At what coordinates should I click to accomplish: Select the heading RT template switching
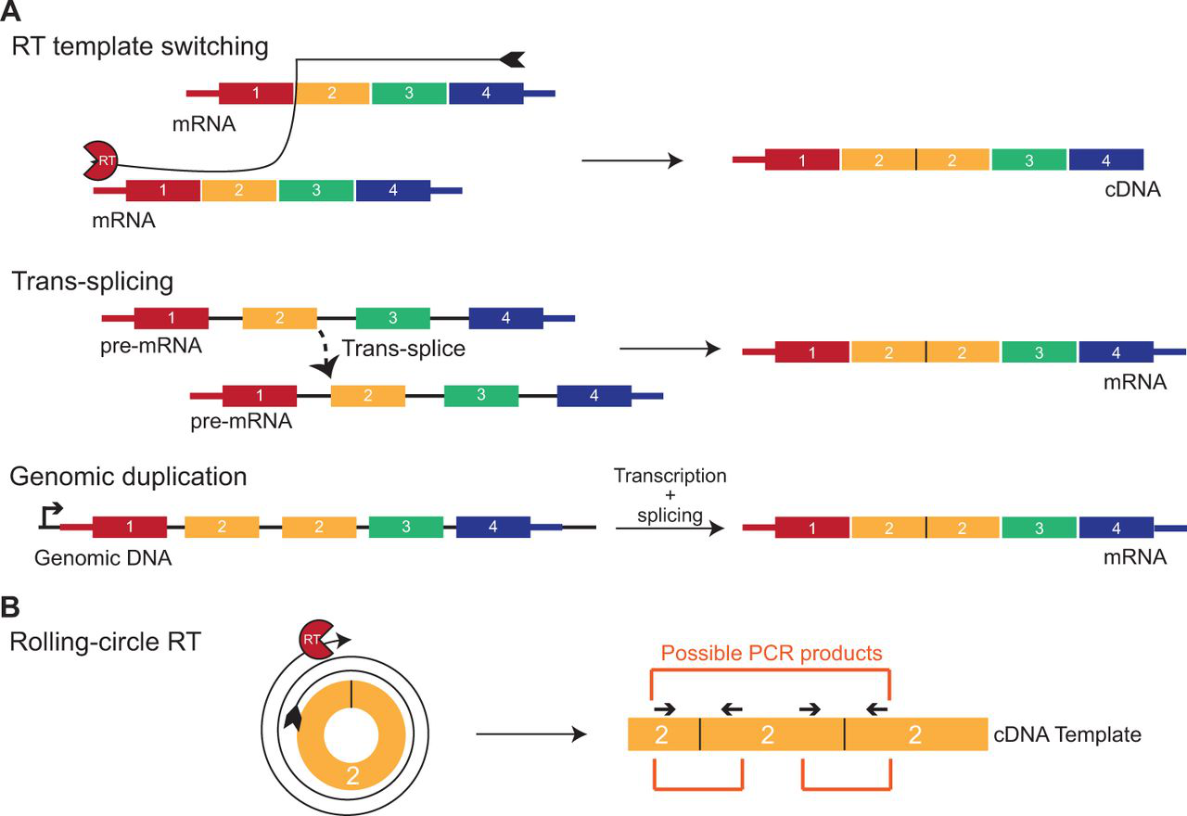140,45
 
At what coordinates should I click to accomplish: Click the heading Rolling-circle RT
104,641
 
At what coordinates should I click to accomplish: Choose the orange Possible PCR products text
772,654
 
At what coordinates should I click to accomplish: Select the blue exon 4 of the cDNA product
1105,160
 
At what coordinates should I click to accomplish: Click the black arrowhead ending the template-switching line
512,59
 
